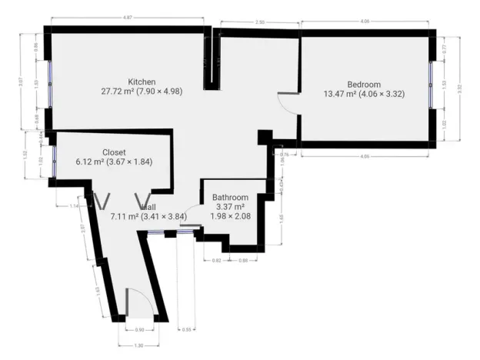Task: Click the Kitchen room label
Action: pyautogui.click(x=142, y=82)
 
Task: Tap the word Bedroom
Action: pyautogui.click(x=364, y=85)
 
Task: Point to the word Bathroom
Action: pyautogui.click(x=228, y=196)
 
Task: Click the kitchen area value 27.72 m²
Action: pyautogui.click(x=116, y=91)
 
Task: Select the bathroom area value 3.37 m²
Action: pyautogui.click(x=228, y=206)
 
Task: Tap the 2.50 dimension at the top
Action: pyautogui.click(x=261, y=23)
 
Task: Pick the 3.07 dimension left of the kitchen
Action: pyautogui.click(x=23, y=82)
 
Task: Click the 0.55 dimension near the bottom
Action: pyautogui.click(x=187, y=329)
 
